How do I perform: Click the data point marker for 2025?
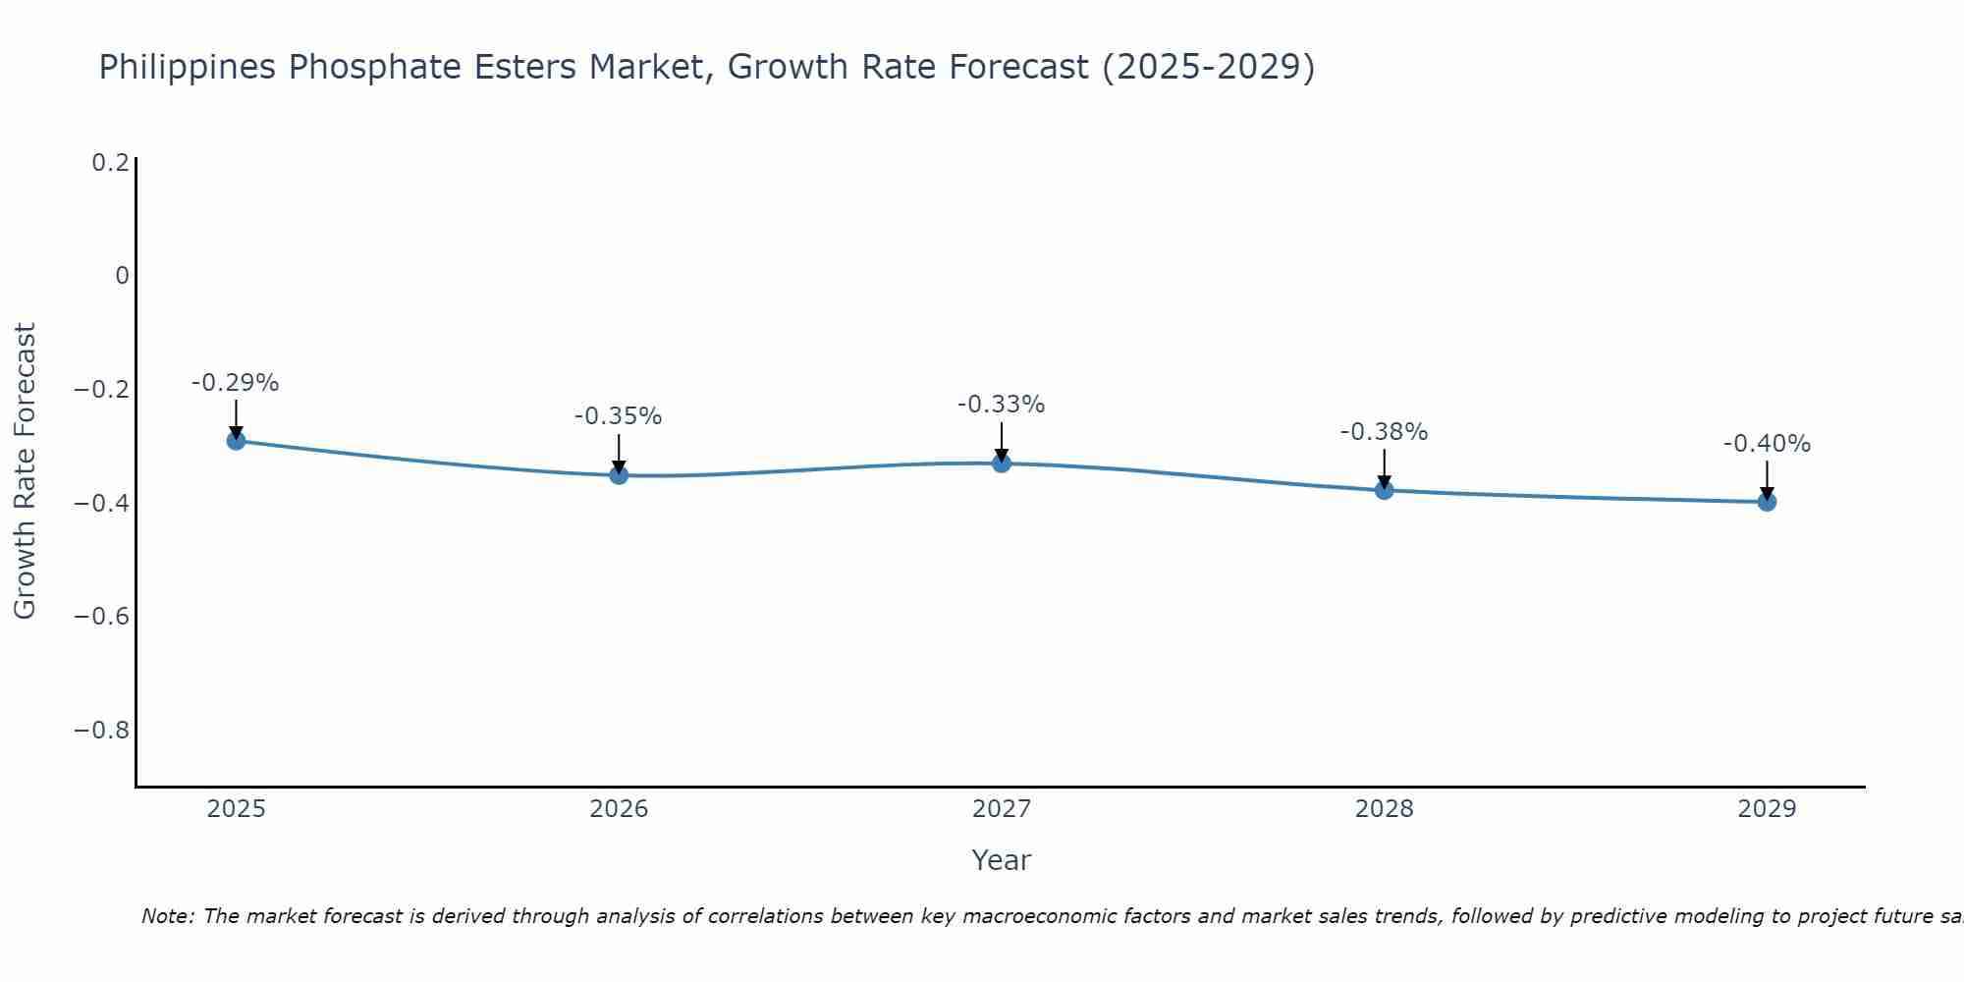[236, 441]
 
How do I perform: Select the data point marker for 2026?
[619, 475]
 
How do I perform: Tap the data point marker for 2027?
[1002, 464]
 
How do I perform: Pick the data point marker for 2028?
[1385, 490]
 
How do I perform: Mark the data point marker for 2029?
[1767, 502]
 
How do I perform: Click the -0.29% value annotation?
[236, 383]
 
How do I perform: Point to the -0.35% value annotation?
[619, 416]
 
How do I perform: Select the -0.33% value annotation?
[1002, 405]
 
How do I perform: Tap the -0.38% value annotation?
[1385, 432]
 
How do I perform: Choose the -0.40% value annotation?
[1767, 444]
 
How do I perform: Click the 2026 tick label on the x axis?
[619, 809]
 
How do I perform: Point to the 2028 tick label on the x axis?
[1385, 809]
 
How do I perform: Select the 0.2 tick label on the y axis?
[110, 163]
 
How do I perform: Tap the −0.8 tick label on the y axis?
[102, 731]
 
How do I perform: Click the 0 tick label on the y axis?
[122, 276]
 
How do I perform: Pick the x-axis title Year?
[1002, 860]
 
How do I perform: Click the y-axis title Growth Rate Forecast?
[25, 471]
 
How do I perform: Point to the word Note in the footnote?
[167, 916]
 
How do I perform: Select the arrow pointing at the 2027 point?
[1002, 441]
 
